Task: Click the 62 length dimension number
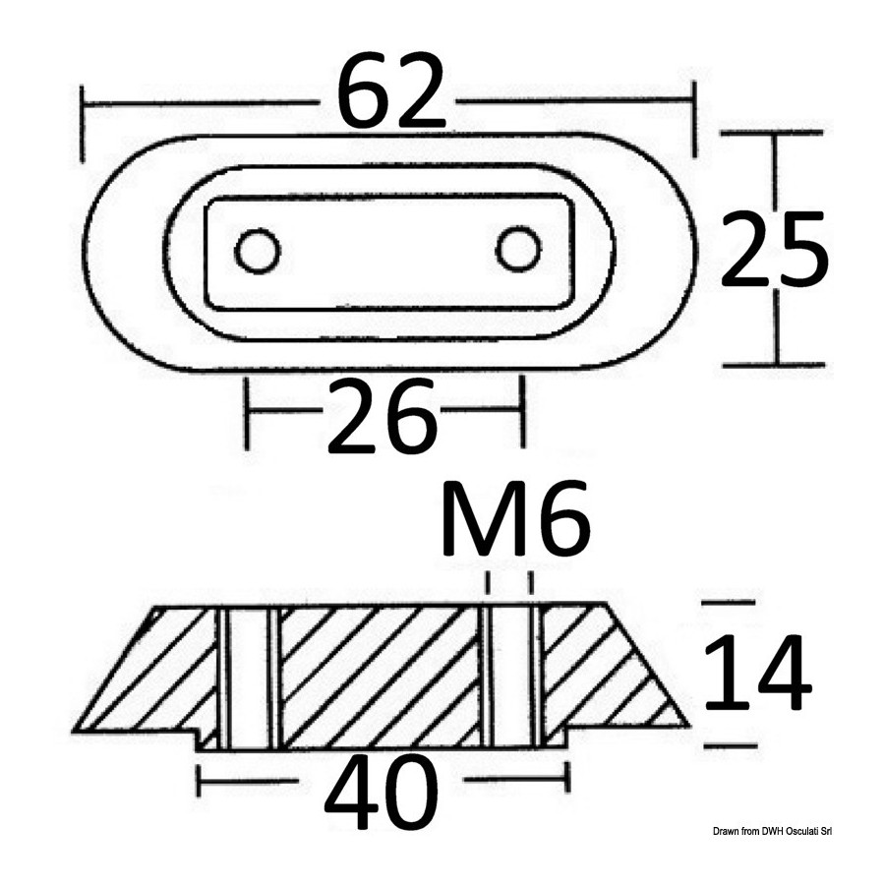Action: pyautogui.click(x=390, y=92)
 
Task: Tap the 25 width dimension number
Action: pyautogui.click(x=775, y=248)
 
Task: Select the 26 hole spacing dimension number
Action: pyautogui.click(x=383, y=415)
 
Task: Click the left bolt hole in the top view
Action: pyautogui.click(x=258, y=251)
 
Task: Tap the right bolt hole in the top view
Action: pyautogui.click(x=518, y=249)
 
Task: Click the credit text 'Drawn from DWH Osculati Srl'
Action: pyautogui.click(x=773, y=831)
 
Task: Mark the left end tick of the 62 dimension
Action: pyautogui.click(x=83, y=123)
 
